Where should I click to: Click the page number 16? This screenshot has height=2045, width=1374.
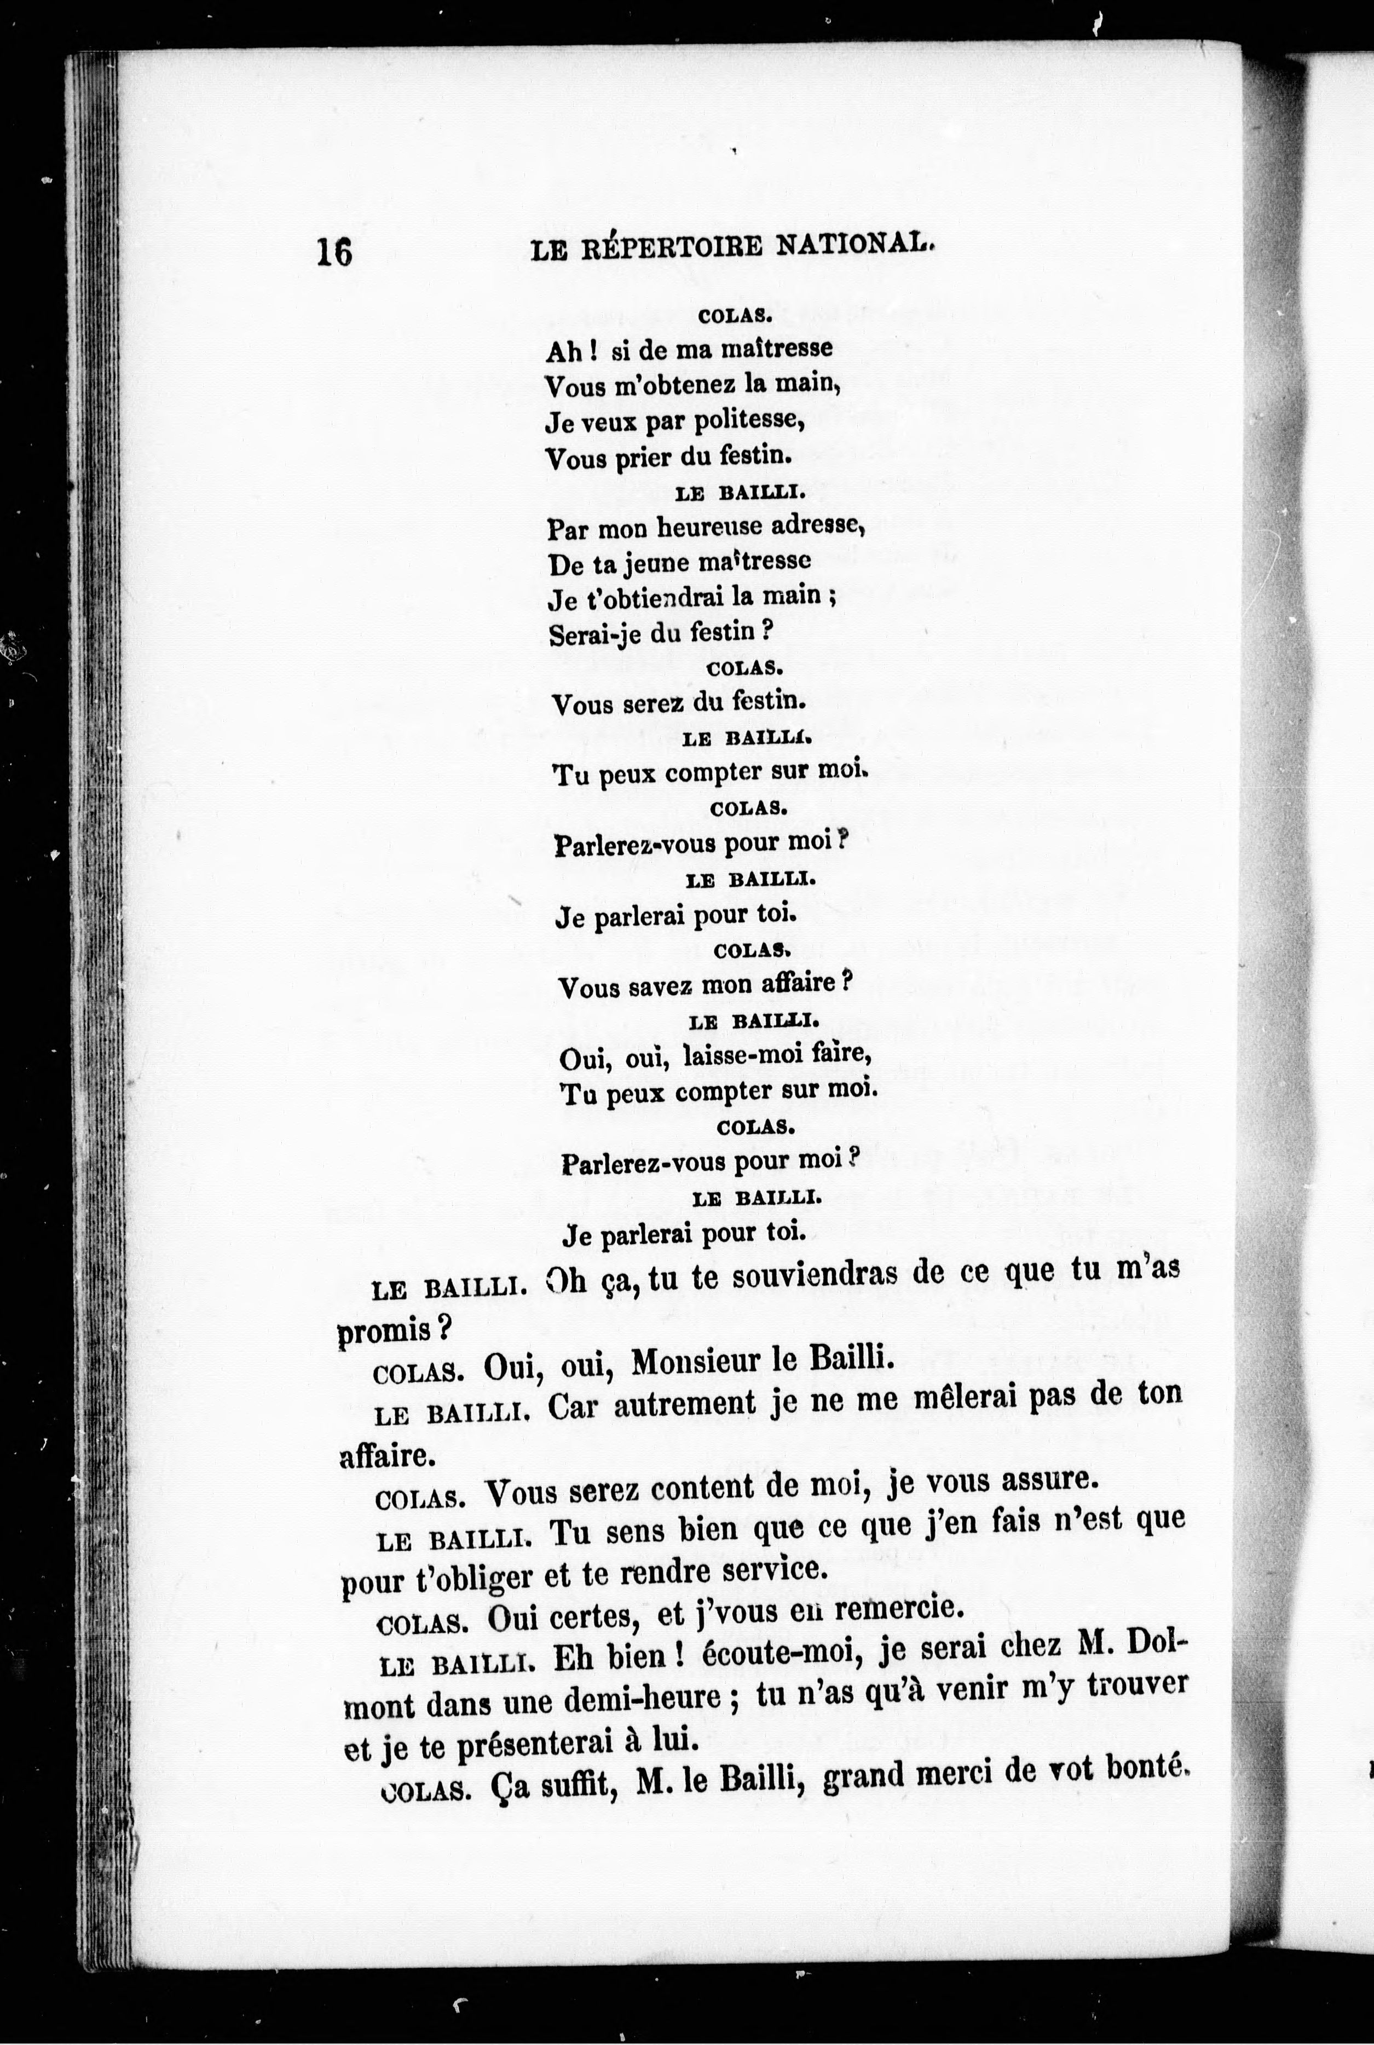(334, 252)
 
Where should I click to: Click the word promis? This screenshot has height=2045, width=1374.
(385, 1330)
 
